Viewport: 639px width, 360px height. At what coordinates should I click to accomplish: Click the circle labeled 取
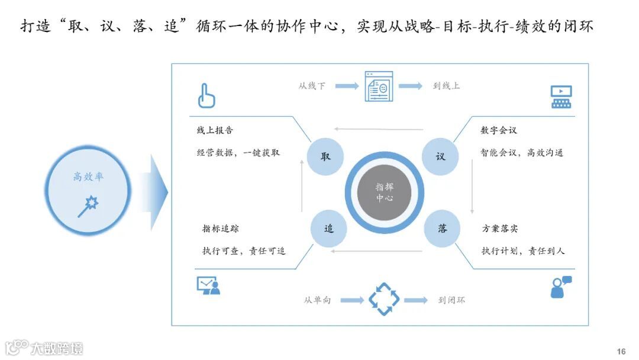325,157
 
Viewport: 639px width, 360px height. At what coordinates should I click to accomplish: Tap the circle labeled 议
440,157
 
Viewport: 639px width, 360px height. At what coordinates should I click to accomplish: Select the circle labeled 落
442,229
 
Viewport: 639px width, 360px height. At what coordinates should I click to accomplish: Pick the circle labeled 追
328,229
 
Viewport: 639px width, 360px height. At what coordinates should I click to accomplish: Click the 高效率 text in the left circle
88,176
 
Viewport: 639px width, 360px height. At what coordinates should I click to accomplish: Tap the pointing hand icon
206,95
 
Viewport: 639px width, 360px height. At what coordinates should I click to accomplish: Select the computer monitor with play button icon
561,97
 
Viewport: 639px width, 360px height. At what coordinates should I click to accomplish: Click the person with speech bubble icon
561,287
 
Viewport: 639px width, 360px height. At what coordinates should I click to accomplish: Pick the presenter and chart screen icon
208,285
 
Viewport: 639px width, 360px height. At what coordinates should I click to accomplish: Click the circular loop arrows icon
384,300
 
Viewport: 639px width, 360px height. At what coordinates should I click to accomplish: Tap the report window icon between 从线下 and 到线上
379,86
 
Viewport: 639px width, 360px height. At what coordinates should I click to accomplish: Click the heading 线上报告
215,130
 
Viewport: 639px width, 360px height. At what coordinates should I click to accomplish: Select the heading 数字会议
499,130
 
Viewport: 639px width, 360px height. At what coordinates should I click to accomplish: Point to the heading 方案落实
500,229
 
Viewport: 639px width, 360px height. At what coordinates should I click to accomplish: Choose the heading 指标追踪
221,229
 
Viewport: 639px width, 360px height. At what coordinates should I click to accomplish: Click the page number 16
621,352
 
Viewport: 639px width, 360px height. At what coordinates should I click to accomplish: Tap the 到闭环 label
451,300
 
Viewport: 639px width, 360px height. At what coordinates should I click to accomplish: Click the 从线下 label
312,86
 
